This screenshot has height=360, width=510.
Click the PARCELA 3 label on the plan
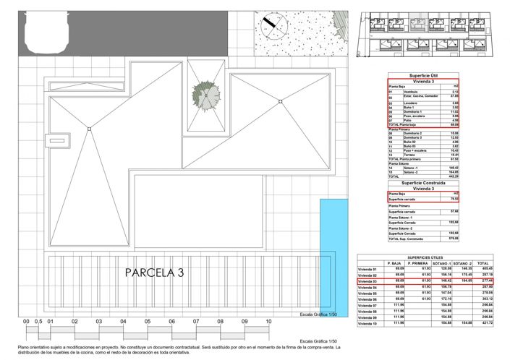click(155, 273)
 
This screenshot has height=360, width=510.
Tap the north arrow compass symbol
click(272, 27)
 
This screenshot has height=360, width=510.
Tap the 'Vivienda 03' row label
click(370, 281)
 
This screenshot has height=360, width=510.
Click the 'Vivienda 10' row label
click(370, 322)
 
